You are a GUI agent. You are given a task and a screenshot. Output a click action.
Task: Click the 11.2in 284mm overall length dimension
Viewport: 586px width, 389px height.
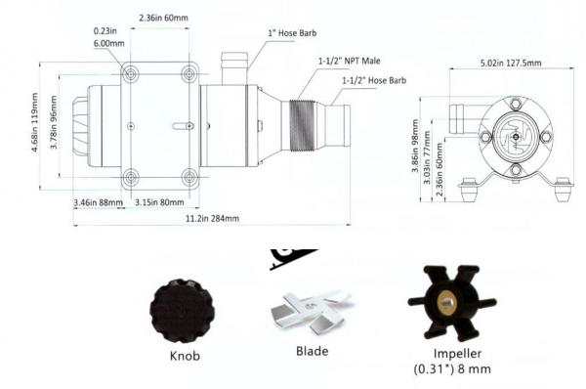coord(212,218)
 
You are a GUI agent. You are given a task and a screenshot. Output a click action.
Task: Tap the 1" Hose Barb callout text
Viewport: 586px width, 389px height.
coord(292,33)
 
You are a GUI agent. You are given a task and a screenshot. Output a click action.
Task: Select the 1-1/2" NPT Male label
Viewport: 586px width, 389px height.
coord(349,61)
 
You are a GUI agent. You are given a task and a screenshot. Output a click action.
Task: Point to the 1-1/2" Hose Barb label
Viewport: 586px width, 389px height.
coord(374,80)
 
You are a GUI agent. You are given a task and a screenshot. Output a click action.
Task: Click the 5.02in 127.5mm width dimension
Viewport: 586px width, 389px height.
coord(511,63)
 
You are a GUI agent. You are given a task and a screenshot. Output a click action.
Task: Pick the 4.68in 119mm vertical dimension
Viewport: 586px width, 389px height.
coord(35,122)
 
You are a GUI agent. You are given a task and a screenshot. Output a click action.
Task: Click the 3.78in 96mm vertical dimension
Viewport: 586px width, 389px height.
coord(54,122)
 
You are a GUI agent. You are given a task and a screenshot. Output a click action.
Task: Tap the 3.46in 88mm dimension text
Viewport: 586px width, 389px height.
coord(98,202)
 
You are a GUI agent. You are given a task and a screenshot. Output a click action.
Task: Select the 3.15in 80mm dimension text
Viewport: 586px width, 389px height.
coord(159,202)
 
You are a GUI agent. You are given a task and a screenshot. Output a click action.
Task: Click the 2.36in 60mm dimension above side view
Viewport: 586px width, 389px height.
coord(164,18)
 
